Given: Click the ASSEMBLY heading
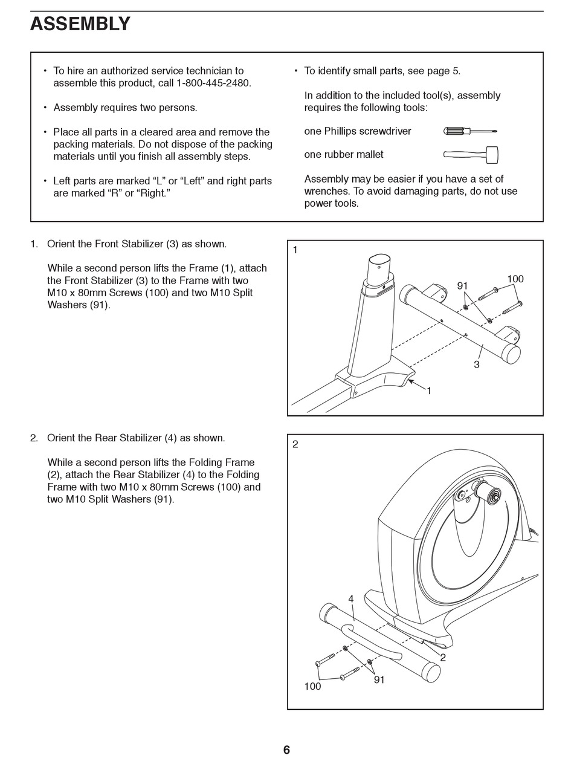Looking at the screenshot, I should (80, 24).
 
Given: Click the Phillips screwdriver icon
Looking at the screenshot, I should (470, 131).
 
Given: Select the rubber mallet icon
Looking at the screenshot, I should (471, 155).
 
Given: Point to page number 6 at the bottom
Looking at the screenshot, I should (286, 750).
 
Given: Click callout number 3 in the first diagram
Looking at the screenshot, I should (477, 364).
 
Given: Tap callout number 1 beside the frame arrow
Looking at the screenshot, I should (429, 391).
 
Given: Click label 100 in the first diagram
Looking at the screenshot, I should (515, 279).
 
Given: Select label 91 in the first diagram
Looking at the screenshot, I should (462, 286).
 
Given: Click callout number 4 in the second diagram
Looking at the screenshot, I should (350, 599).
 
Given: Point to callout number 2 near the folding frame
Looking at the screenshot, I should (443, 658).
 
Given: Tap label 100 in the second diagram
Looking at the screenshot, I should (312, 687).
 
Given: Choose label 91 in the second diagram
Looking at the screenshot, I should (379, 680).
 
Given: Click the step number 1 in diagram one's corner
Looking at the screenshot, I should (295, 250).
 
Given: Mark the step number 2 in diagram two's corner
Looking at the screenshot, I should (295, 444).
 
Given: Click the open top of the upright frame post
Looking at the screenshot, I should (379, 263).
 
